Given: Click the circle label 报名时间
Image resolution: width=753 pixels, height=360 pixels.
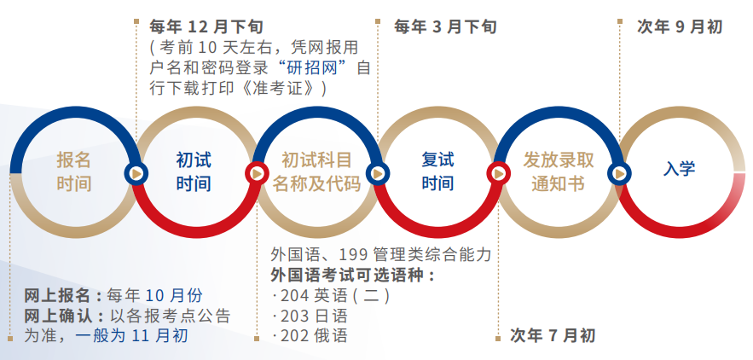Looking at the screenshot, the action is click(74, 171).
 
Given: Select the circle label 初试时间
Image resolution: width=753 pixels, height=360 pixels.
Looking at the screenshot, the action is click(194, 171).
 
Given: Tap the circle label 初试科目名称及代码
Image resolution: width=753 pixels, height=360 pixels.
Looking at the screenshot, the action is click(316, 171).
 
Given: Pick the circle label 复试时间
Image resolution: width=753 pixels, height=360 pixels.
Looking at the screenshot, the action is click(437, 171).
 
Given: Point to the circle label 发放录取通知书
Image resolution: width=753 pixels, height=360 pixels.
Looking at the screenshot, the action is click(558, 171).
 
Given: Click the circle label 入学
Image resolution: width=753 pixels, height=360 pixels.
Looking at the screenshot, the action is click(680, 168).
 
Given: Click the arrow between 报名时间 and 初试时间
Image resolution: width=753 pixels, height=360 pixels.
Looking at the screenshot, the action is click(134, 172).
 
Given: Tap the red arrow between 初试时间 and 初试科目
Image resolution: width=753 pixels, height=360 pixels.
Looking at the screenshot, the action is click(255, 172).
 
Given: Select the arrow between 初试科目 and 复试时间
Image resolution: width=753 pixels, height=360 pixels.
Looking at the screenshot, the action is click(376, 172).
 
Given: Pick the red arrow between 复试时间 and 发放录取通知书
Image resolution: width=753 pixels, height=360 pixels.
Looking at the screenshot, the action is click(497, 172).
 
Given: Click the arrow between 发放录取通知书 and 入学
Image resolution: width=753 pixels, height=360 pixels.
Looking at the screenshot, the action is click(618, 172).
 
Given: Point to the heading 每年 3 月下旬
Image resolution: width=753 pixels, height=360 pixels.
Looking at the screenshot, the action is click(444, 26).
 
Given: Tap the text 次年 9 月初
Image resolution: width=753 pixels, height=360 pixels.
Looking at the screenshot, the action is click(680, 26).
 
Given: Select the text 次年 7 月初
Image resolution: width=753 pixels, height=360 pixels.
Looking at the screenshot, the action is click(553, 335).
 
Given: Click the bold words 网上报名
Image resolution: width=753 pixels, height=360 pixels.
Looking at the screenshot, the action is click(56, 296).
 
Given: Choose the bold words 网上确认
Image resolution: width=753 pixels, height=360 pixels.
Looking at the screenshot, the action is click(56, 316).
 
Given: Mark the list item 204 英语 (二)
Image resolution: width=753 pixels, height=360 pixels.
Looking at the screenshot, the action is click(332, 296).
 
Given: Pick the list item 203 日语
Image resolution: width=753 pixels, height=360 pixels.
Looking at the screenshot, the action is click(312, 316).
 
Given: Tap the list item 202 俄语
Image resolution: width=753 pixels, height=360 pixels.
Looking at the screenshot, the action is click(312, 335).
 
